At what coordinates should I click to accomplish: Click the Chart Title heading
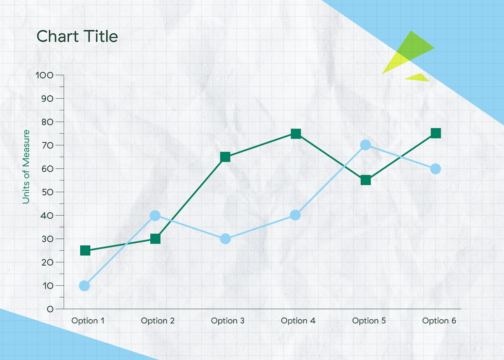click(x=77, y=37)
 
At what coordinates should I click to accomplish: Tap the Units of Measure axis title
click(x=26, y=167)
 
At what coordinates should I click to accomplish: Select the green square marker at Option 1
click(x=85, y=251)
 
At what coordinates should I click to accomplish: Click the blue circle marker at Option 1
click(x=84, y=286)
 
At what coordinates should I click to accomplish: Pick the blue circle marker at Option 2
click(x=155, y=215)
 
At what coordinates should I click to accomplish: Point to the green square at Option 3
click(x=225, y=157)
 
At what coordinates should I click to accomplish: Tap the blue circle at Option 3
click(x=226, y=239)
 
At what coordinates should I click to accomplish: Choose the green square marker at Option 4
click(x=296, y=134)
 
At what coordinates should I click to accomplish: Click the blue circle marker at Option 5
click(x=365, y=145)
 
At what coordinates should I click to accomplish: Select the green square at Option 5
click(x=365, y=180)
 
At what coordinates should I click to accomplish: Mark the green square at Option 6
click(x=436, y=133)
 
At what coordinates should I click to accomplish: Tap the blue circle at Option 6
click(x=436, y=169)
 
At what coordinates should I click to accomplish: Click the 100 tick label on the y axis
click(x=45, y=75)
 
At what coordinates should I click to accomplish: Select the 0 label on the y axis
click(x=50, y=309)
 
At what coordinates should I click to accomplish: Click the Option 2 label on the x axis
click(x=157, y=321)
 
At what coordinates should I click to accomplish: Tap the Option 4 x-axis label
click(x=298, y=321)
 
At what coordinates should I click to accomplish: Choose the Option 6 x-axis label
click(x=439, y=321)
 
